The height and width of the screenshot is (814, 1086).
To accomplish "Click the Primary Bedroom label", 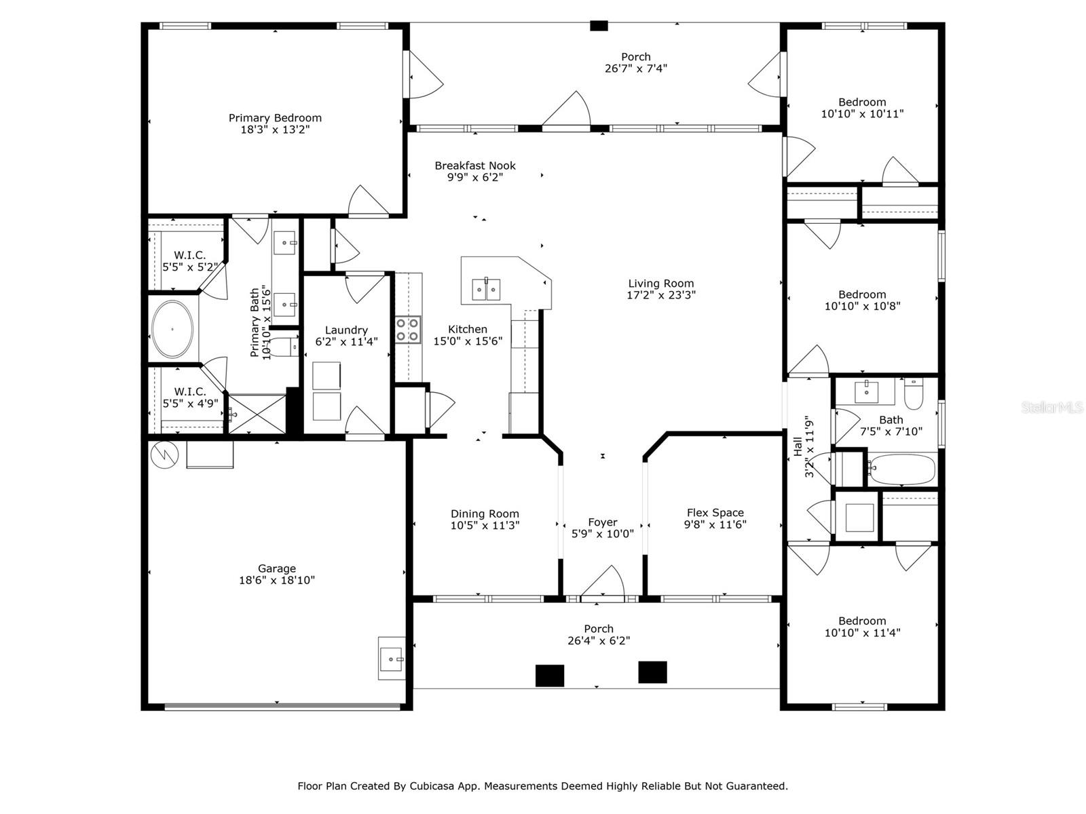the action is tap(275, 117).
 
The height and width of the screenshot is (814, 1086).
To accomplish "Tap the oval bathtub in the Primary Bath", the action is tap(172, 329).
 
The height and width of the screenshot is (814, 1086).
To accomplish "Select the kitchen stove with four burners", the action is tap(408, 330).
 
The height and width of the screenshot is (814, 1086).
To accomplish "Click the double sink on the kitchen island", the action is tap(486, 289).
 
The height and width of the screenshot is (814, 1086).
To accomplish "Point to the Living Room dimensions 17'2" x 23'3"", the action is tap(661, 295).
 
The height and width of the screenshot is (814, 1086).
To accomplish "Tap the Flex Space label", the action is tap(715, 513).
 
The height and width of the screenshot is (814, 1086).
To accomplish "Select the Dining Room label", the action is tap(485, 513).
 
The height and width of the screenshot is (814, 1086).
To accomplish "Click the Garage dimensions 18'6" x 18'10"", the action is tap(276, 580).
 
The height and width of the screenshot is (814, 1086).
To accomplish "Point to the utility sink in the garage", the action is tap(392, 658).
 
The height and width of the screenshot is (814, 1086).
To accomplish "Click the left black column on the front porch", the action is tap(550, 675).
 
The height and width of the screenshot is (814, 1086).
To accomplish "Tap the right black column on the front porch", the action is tap(652, 672).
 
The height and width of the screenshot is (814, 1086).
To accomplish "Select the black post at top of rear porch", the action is tap(599, 26).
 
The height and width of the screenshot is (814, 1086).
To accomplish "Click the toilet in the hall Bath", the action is tap(914, 393).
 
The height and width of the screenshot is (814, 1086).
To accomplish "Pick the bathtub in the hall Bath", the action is tap(903, 469).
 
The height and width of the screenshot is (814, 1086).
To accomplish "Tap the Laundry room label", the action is tap(346, 330).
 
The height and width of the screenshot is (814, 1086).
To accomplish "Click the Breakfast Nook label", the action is tap(475, 166).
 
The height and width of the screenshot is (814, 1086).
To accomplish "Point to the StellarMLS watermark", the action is tap(1052, 407).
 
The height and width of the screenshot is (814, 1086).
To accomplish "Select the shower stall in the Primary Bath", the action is tap(257, 414).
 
